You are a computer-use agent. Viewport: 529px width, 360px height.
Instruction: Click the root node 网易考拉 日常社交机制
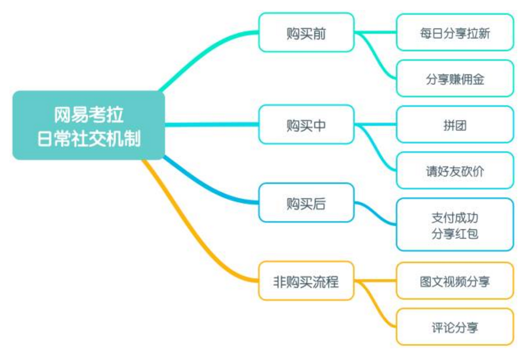89,125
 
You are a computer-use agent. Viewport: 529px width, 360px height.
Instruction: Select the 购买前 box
306,32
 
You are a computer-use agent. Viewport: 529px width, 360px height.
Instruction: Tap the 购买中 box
306,125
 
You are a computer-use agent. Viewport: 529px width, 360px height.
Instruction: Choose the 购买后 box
306,202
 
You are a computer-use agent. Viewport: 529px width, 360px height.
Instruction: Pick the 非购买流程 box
306,281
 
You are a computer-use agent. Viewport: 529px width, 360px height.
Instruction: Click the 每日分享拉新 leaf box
455,32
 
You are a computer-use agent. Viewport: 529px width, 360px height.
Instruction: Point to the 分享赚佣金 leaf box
455,78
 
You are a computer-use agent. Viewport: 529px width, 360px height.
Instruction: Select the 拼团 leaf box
455,125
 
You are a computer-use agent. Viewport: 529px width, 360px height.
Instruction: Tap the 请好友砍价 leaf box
455,171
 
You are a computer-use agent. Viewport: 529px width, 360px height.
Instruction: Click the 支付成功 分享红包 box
455,225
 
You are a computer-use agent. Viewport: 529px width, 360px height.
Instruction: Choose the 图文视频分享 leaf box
455,281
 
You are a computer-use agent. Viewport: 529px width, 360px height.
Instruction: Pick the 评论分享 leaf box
455,327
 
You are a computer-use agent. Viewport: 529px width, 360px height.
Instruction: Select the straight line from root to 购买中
212,125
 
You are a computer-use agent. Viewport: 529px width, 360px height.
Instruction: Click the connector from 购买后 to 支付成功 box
375,213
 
